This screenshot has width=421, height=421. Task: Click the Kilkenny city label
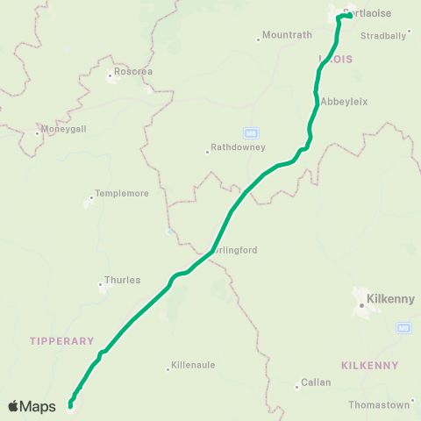391,298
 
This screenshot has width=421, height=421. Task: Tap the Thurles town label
123,281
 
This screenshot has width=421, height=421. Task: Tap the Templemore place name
123,193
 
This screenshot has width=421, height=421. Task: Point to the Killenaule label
194,365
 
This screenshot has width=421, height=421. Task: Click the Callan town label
316,382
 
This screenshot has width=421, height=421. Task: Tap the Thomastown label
379,404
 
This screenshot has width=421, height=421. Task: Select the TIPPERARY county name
61,340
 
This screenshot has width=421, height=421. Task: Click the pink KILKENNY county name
369,365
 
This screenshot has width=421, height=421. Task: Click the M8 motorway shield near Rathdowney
251,133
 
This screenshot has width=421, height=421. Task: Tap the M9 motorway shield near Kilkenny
403,328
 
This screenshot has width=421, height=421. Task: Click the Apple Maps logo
32,406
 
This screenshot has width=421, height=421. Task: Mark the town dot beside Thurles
101,283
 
